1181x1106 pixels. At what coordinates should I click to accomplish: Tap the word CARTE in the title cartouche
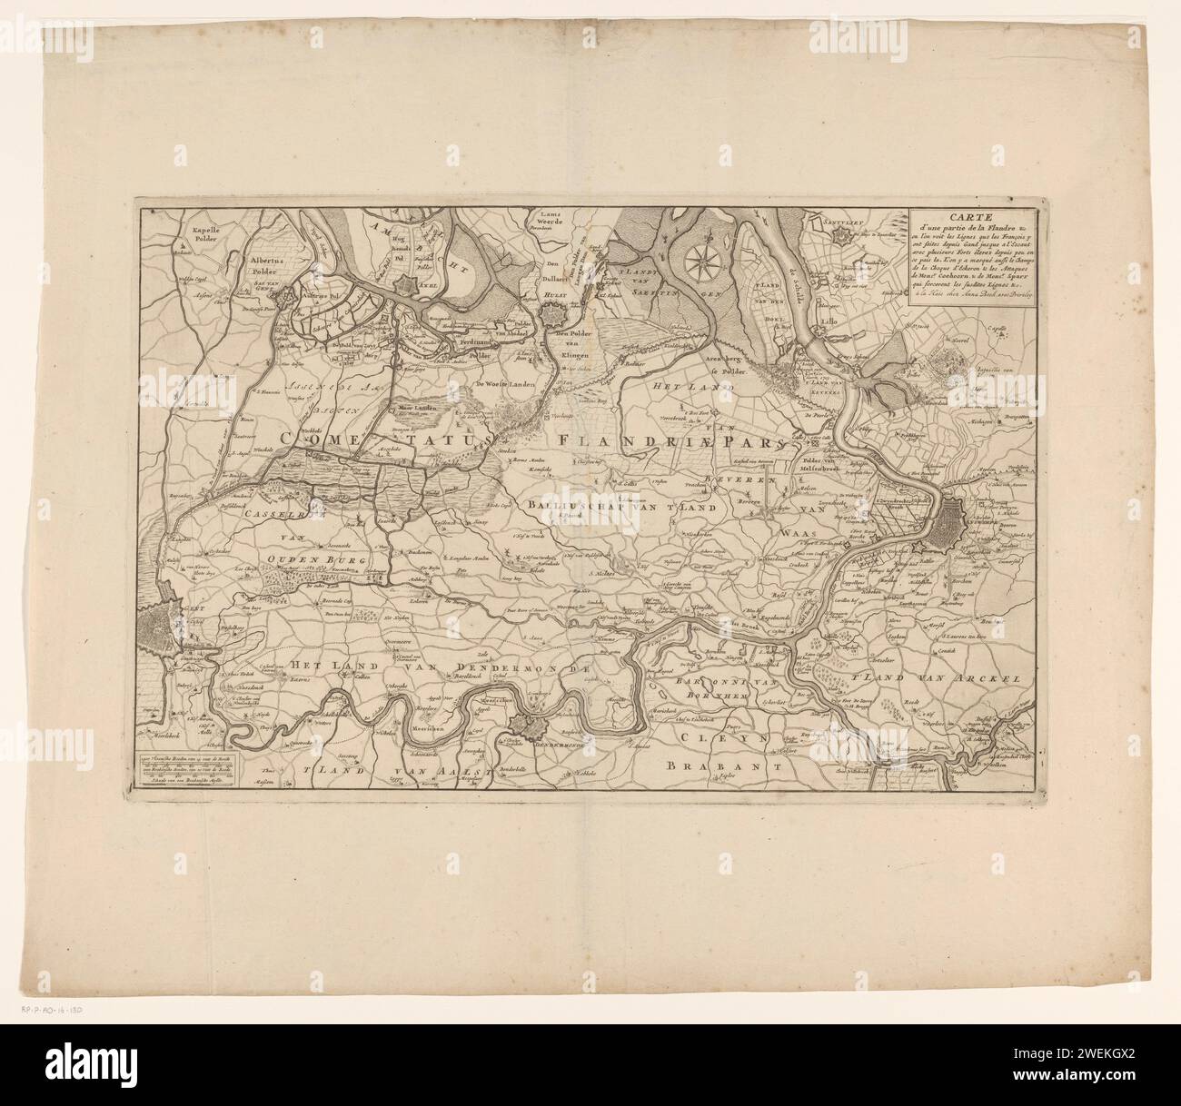pos(968,217)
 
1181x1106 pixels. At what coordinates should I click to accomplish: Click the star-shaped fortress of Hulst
pos(552,319)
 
